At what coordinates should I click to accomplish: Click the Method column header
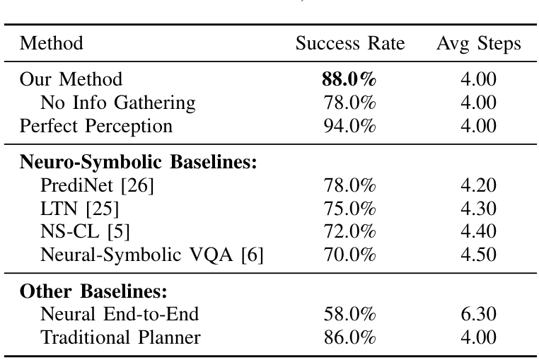pos(52,44)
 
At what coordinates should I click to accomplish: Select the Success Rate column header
pos(349,44)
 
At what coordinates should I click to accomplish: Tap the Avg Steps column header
pos(478,44)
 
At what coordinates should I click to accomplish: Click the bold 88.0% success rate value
pos(349,79)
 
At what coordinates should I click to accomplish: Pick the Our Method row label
pos(71,79)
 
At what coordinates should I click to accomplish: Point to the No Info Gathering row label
pos(117,103)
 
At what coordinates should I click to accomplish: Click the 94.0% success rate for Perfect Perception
pos(349,126)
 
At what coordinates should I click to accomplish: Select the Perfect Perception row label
pos(95,126)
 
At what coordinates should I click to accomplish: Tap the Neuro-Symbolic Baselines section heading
pos(138,162)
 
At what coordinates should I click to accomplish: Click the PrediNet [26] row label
pos(97,185)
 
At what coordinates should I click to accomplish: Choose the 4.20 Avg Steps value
pos(478,185)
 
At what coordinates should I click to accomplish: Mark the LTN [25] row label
pos(79,209)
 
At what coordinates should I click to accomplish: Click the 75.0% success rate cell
pos(349,209)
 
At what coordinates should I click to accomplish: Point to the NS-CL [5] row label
pos(86,231)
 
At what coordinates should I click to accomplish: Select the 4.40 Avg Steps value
pos(478,231)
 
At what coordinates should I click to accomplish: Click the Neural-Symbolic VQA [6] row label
pos(152,255)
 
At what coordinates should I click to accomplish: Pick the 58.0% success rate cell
pos(349,314)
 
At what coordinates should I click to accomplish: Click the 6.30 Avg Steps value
pos(478,314)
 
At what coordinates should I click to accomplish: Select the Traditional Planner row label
pos(120,337)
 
